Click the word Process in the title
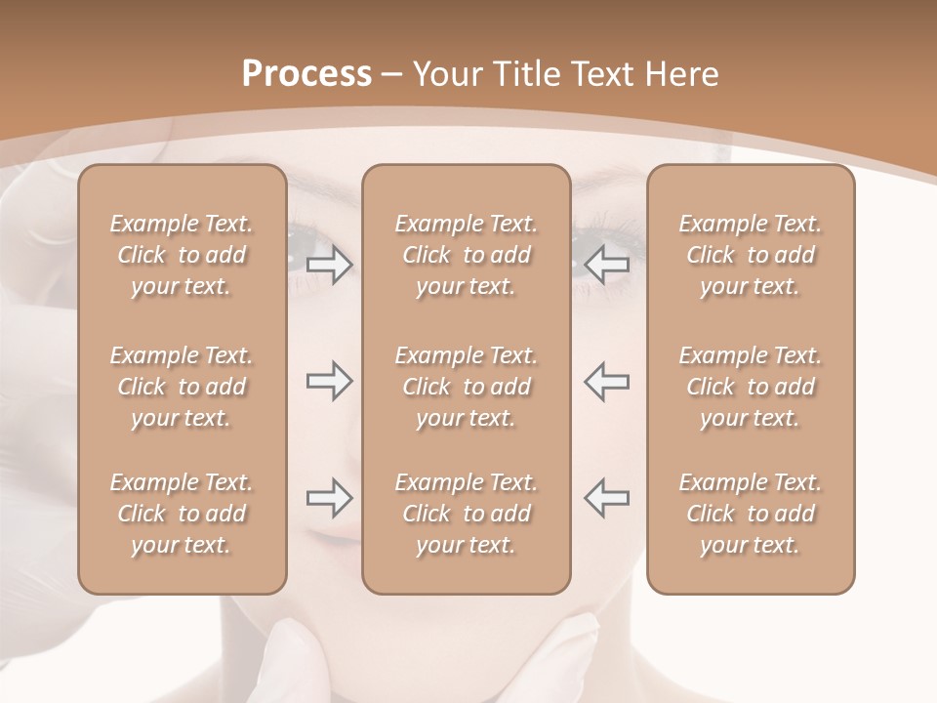pos(306,73)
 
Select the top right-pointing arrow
pos(329,265)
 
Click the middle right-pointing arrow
pos(329,381)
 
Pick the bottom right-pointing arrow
pos(329,498)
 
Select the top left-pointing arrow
pos(607,265)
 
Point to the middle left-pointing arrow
pos(607,381)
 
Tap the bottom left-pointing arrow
pos(607,498)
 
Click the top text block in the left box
pos(182,255)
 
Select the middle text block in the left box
pos(182,387)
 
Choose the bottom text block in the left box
pos(182,514)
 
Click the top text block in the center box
pos(467,255)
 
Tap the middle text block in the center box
pos(467,387)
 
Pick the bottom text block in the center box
pos(467,514)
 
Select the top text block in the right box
pos(751,255)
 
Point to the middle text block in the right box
pos(751,387)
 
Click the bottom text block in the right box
pos(751,514)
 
